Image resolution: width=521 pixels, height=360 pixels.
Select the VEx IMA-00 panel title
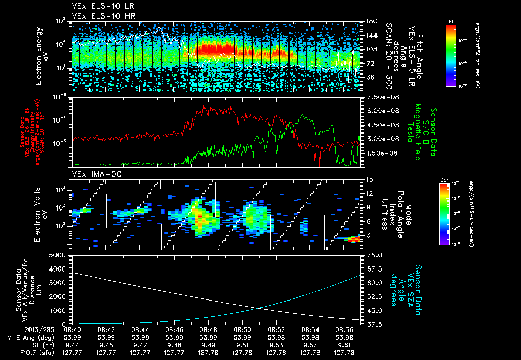(93, 174)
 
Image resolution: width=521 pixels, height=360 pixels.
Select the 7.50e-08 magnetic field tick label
(381, 97)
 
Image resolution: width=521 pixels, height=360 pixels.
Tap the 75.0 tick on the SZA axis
(375, 255)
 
